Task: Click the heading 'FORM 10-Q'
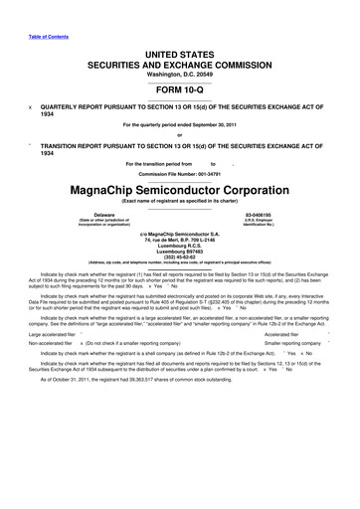pyautogui.click(x=180, y=84)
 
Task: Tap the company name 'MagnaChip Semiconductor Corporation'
pyautogui.click(x=180, y=187)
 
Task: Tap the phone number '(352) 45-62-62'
pyautogui.click(x=180, y=255)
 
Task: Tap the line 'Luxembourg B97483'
pyautogui.click(x=180, y=251)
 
